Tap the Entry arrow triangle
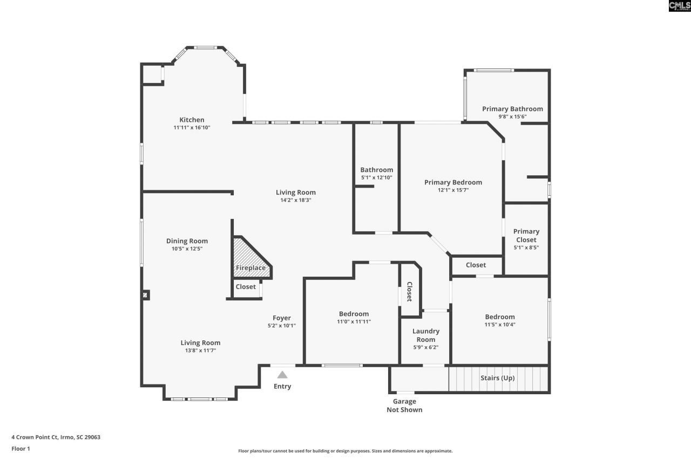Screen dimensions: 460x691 (282, 375)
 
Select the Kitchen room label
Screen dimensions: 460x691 (192, 120)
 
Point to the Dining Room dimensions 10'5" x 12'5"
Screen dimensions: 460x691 (187, 249)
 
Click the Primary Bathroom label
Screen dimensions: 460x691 (512, 109)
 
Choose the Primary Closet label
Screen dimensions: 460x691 (526, 236)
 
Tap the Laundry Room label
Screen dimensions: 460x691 (426, 335)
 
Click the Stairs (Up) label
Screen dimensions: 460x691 (497, 378)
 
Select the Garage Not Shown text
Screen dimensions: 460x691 (404, 406)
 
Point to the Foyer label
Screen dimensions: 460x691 (281, 318)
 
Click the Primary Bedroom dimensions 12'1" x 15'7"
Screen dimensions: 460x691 (453, 190)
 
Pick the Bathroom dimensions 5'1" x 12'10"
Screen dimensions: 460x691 (376, 178)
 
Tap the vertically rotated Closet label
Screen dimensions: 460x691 (409, 292)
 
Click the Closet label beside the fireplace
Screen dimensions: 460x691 (246, 287)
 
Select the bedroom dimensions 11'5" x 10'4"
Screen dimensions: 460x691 (500, 325)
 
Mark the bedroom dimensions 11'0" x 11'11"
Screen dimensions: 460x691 (354, 322)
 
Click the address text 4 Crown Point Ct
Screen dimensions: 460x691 (56, 437)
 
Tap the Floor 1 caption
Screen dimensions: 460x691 (21, 449)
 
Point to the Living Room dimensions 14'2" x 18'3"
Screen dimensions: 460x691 (295, 200)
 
